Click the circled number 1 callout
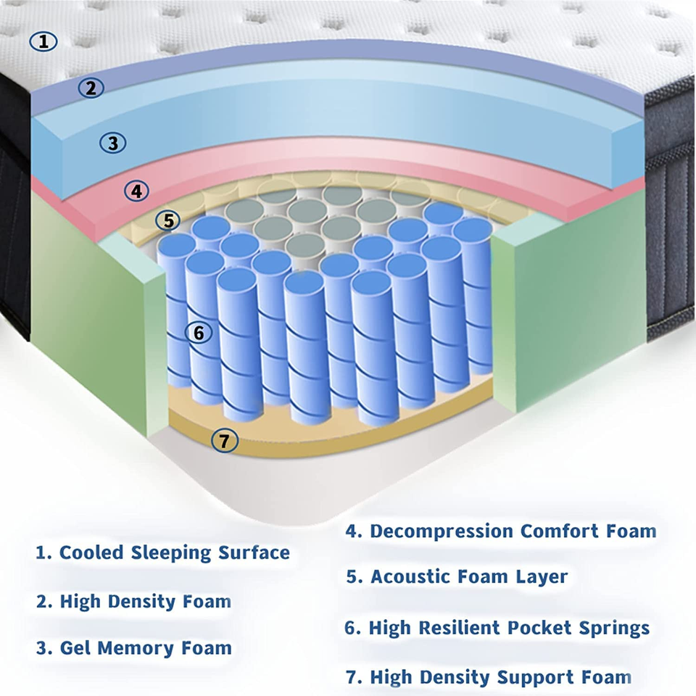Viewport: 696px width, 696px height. point(43,41)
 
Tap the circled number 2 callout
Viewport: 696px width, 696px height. point(91,88)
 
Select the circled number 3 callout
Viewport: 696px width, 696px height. point(112,143)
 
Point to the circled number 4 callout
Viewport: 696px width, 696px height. point(136,191)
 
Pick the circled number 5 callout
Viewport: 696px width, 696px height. point(168,220)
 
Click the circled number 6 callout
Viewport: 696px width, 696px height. point(199,333)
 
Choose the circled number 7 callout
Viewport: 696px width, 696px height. point(225,439)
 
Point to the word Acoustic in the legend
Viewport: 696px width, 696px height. point(410,577)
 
